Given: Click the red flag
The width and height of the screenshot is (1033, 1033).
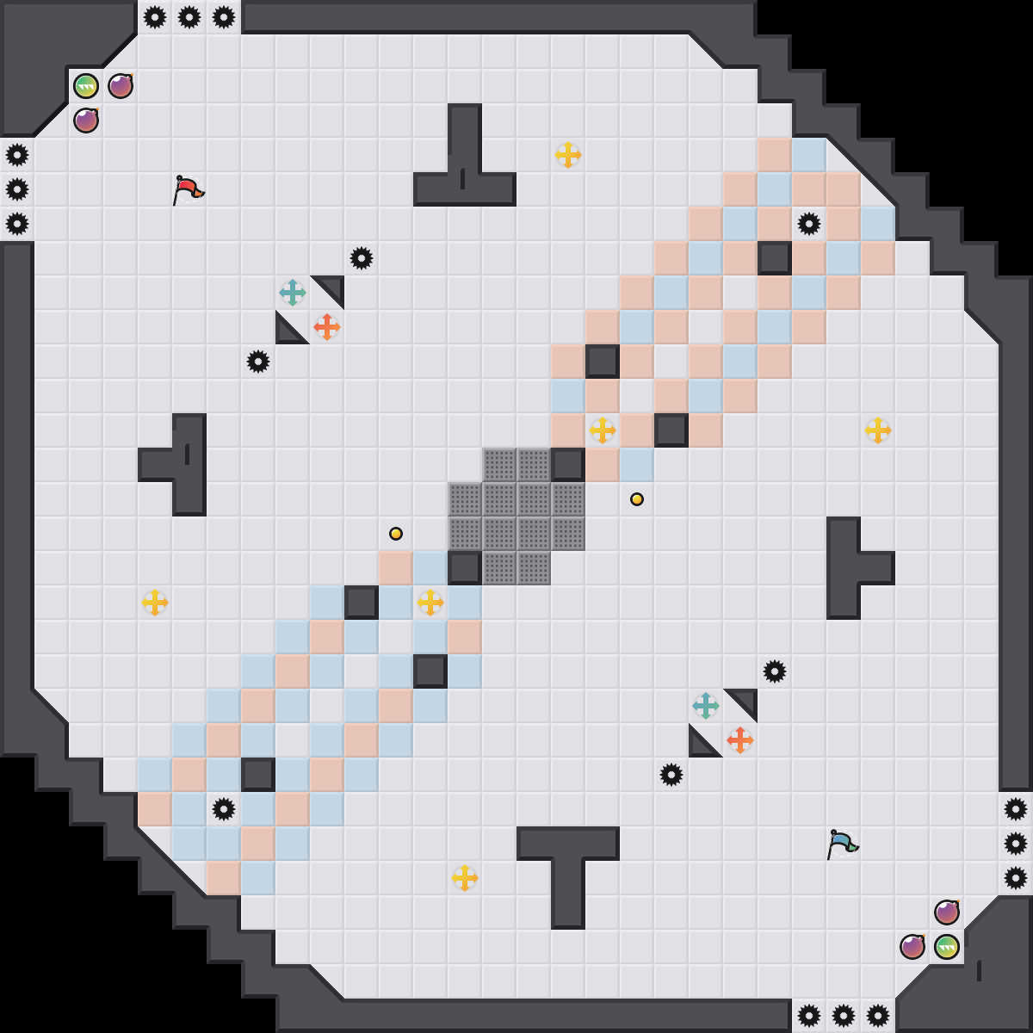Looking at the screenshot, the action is (x=188, y=189).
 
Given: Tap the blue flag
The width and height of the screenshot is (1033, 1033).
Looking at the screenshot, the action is (x=842, y=843).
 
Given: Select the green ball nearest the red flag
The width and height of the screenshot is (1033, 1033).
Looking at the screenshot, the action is (x=86, y=86).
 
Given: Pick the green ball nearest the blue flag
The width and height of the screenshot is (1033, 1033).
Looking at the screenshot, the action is (x=947, y=947).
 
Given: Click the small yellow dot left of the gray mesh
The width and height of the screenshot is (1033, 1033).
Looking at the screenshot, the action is (x=396, y=534).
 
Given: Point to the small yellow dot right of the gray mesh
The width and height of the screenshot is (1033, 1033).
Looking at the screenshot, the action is (x=637, y=499).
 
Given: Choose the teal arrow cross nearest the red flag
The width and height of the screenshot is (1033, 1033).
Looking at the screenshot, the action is (x=293, y=293).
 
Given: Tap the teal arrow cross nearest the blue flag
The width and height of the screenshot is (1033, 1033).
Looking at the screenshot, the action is (x=706, y=706).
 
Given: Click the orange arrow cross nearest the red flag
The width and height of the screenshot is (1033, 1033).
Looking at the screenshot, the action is (x=327, y=327).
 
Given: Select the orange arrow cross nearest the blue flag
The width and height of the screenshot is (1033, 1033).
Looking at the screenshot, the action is (x=740, y=740).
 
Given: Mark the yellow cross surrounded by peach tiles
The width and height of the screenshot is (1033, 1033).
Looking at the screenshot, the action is (x=603, y=430).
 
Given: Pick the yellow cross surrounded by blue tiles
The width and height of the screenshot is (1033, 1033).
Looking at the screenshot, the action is (x=430, y=603).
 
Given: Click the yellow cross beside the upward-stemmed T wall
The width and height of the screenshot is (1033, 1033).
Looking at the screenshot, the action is (x=568, y=155).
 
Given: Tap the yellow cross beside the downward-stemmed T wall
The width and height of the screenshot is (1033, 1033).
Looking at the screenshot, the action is (x=465, y=878).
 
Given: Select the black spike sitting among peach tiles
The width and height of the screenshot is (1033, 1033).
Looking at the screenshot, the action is (x=809, y=224).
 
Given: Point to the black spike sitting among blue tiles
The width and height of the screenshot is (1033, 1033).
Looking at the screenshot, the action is (x=224, y=809).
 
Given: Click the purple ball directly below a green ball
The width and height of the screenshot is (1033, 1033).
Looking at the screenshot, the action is (x=86, y=121).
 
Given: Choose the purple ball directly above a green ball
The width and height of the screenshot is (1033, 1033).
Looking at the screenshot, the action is (x=947, y=912).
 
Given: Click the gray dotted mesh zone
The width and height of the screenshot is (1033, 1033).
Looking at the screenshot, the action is (x=516, y=516).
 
